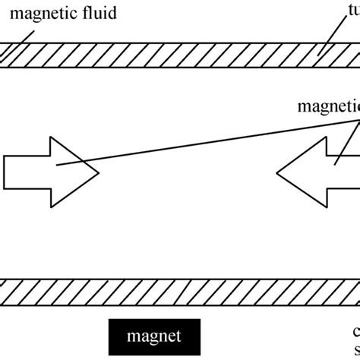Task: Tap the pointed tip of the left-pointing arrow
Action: click(277, 173)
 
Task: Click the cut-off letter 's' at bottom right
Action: click(356, 349)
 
